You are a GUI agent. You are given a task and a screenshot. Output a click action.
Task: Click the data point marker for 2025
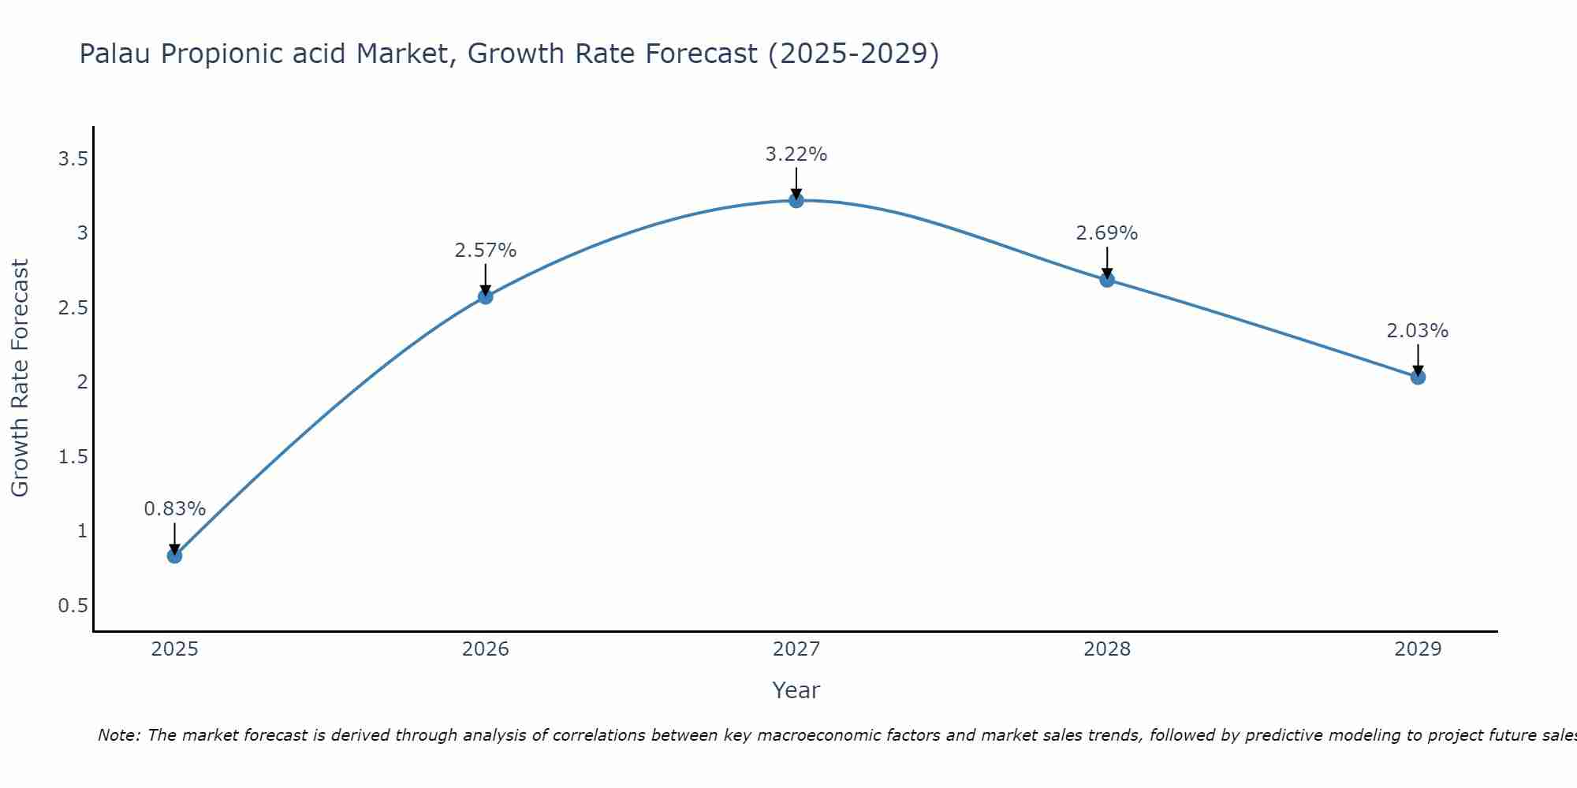coord(174,556)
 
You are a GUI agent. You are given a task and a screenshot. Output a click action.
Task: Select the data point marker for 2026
coord(486,297)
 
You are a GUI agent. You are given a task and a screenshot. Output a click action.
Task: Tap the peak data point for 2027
coord(796,200)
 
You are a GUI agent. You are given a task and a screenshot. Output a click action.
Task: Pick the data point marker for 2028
coord(1107,279)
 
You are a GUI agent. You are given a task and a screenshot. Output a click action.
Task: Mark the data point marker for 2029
coord(1418,377)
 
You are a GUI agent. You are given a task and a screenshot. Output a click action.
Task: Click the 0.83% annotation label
coord(174,509)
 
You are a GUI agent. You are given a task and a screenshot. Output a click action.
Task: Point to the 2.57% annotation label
coord(486,251)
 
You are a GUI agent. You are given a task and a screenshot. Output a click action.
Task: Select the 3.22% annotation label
coord(796,154)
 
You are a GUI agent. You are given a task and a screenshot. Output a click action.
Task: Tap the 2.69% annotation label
coord(1107,233)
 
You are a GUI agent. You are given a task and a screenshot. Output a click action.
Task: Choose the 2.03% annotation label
coord(1418,331)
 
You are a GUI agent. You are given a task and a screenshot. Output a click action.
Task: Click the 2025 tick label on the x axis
coord(174,649)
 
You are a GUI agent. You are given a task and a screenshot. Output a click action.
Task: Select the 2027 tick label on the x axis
coord(796,649)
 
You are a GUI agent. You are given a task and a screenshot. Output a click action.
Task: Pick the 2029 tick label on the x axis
coord(1418,649)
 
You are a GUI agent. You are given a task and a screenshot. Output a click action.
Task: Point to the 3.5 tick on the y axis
coord(73,159)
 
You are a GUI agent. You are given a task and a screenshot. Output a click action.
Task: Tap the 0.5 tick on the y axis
coord(73,605)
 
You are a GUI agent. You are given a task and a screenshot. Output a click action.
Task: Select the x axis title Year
coord(796,690)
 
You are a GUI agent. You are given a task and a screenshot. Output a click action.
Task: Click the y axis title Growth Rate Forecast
coord(20,378)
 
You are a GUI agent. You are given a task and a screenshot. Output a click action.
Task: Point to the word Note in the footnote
coord(118,735)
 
